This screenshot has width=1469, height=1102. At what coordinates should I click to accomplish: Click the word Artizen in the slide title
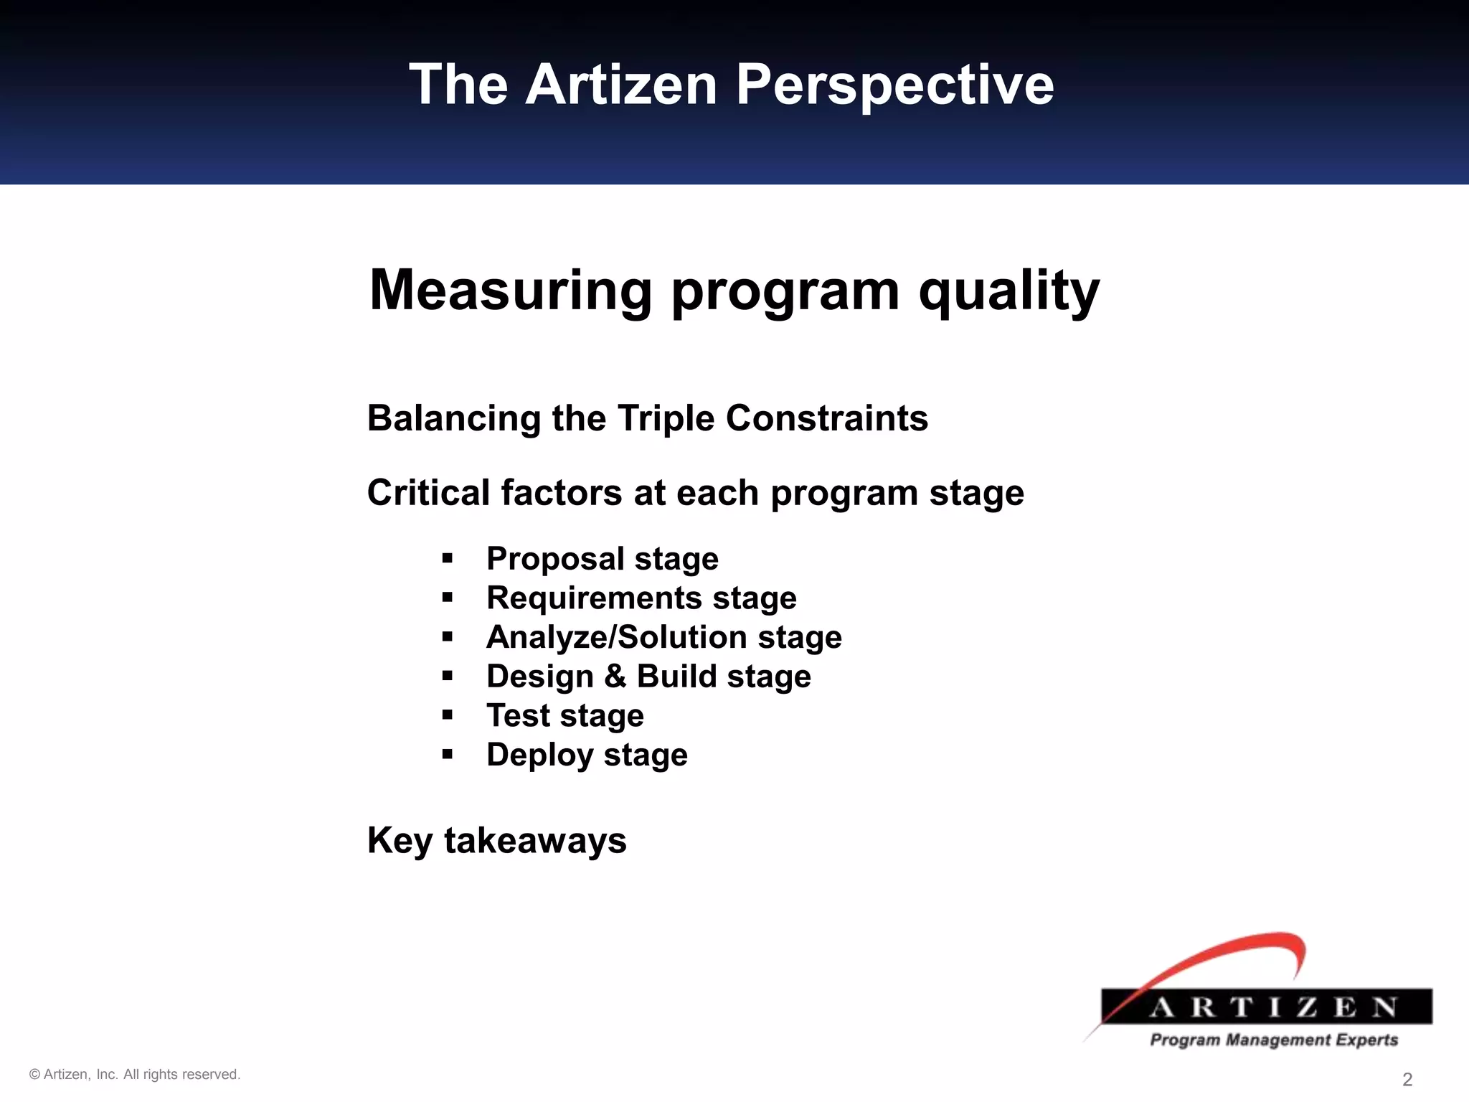point(621,85)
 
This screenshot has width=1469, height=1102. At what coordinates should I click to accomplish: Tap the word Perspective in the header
point(894,85)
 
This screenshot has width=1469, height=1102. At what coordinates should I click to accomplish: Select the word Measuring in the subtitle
point(511,290)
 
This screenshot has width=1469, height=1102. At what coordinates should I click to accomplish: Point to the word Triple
point(666,418)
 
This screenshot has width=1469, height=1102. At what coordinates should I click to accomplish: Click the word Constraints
point(826,418)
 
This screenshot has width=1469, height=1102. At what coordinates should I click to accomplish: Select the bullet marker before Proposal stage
point(448,559)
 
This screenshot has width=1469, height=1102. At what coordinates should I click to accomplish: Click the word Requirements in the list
point(594,598)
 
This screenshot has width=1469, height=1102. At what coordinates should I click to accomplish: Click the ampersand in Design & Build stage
point(615,677)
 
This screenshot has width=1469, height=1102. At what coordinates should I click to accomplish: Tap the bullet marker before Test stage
point(448,715)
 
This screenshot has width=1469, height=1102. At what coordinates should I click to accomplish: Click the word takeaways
point(535,840)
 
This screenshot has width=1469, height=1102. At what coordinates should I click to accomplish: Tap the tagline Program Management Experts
point(1274,1040)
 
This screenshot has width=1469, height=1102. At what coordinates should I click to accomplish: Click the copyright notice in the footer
point(135,1075)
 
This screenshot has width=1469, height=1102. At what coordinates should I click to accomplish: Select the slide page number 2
point(1407,1080)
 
